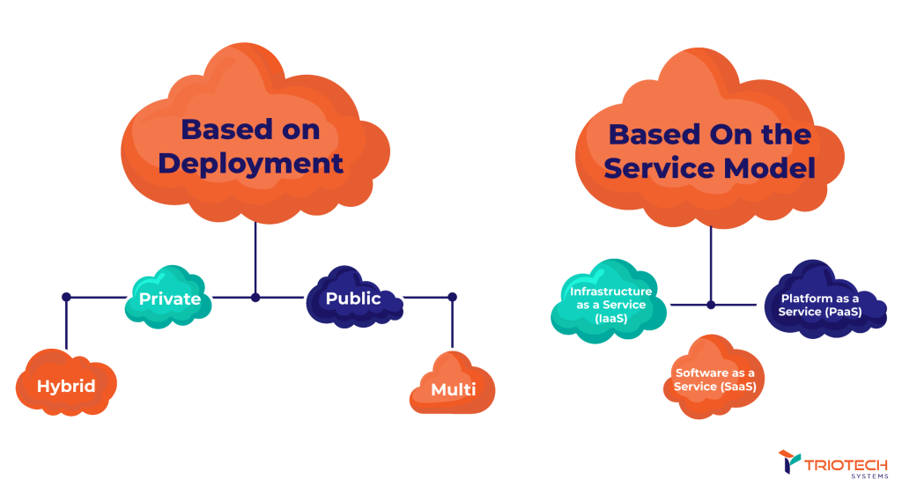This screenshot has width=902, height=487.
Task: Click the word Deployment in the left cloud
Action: (250, 164)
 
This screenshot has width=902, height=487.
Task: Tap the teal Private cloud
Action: (169, 299)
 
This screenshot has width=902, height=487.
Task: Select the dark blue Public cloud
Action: (353, 299)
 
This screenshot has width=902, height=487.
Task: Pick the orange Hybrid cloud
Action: (66, 386)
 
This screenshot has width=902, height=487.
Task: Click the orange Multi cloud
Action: (454, 388)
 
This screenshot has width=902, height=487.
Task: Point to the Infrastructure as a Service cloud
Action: (610, 305)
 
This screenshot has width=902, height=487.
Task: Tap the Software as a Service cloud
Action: (714, 380)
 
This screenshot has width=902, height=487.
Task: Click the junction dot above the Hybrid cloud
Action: (66, 298)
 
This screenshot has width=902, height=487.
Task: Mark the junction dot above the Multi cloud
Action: (452, 297)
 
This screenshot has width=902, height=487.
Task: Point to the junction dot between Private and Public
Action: (255, 298)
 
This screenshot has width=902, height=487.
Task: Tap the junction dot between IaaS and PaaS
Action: (711, 305)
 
